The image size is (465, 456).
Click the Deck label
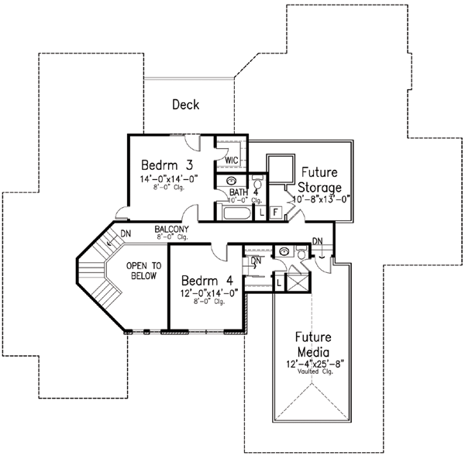[187, 104]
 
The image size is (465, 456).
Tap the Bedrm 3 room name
[167, 165]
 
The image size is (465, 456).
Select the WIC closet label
[230, 161]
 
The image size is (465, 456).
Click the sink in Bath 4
[229, 181]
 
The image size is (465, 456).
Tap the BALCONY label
[170, 230]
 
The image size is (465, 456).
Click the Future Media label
[314, 345]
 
